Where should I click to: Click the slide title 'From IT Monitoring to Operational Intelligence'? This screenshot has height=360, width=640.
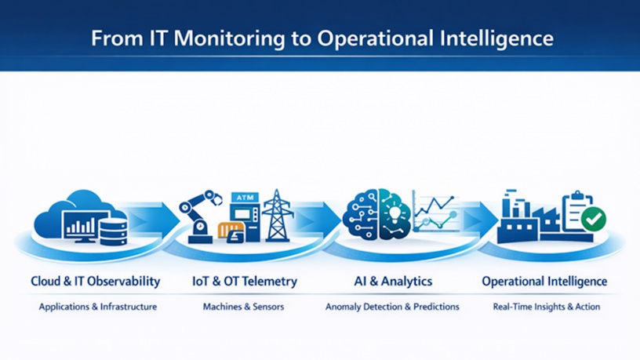coord(322,38)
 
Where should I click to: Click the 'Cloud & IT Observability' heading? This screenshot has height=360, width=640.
coord(96,282)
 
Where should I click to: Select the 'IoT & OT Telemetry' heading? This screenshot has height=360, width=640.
coord(245,282)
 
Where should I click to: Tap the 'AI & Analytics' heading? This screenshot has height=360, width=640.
coord(393,282)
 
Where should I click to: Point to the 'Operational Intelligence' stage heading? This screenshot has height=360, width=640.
coord(544,282)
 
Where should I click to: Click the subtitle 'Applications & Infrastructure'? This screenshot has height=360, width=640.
coord(98,307)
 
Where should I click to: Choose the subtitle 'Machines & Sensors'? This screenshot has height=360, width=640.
coord(243,307)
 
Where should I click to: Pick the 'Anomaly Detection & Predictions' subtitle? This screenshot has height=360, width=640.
coord(392,307)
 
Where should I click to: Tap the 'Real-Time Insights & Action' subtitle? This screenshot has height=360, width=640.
coord(547,307)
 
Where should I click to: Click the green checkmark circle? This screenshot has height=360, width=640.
coord(594,219)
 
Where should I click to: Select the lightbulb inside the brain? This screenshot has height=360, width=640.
coord(395,213)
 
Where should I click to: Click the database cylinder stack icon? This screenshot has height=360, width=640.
coord(114,231)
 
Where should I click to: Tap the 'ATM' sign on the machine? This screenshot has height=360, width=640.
coord(245,198)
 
